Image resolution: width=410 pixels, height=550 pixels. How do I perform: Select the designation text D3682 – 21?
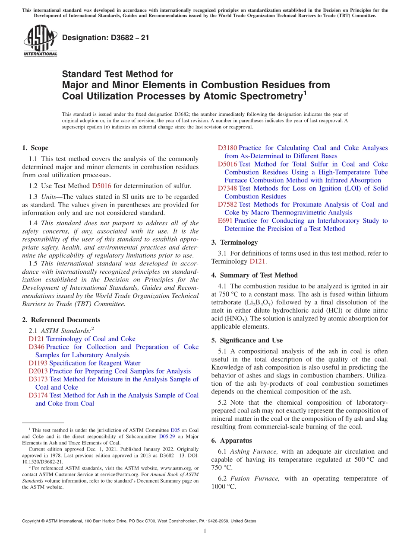point(106,38)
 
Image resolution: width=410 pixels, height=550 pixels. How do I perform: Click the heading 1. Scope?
point(35,148)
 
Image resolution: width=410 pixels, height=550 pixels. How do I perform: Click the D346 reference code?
point(36,347)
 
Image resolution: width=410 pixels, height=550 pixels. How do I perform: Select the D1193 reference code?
point(38,363)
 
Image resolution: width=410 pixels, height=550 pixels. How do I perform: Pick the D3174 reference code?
point(38,395)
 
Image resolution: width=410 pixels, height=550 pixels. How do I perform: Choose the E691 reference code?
point(225,221)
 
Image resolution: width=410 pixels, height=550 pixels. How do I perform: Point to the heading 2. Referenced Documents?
point(61,320)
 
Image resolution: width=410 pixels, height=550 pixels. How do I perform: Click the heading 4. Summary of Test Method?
point(254,275)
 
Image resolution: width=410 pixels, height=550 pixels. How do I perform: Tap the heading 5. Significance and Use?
point(247,340)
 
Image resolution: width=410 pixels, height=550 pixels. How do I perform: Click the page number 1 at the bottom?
point(205,531)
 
